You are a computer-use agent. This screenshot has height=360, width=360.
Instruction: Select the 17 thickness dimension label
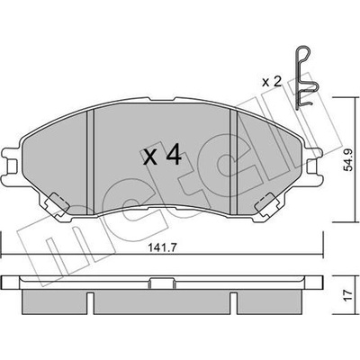(348, 296)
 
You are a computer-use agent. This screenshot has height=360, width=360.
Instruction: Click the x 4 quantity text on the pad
(162, 155)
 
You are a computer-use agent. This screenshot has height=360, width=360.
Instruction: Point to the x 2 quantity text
(272, 82)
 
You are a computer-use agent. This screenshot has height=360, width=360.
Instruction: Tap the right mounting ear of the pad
(313, 164)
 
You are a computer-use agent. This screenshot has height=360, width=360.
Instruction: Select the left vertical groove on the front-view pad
(90, 162)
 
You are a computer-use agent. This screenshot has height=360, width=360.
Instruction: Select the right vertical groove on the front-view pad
(233, 162)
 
